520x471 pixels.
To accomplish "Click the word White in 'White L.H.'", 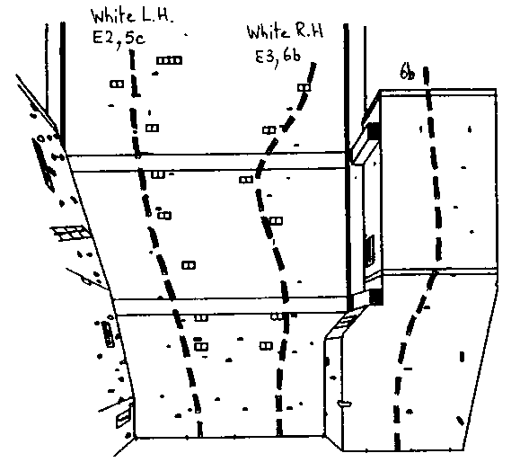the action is pos(113,16).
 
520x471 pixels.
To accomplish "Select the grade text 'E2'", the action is pos(102,38).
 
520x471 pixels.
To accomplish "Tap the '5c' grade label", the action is pos(136,38).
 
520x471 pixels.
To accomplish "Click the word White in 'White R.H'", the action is pos(268,32).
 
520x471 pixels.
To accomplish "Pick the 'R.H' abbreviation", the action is pos(309,31).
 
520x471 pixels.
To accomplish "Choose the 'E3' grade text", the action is pos(265,57).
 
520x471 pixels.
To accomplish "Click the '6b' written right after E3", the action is pos(292,55).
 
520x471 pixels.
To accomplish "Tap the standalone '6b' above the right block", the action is pos(407,71).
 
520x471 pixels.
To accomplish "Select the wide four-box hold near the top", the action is pos(169,60).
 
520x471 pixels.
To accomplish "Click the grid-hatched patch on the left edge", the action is pos(71,232).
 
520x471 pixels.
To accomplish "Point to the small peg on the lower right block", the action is pos(344,404).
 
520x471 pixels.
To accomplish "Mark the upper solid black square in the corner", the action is pos(374,130).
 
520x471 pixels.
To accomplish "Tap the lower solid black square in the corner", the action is pos(376,297).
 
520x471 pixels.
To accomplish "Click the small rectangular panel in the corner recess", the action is pos(369,251).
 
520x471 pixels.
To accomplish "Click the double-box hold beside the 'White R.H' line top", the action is pos(304,87).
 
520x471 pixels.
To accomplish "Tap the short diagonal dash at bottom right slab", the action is pos(460,421).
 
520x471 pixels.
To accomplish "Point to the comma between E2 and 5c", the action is pos(119,47).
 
